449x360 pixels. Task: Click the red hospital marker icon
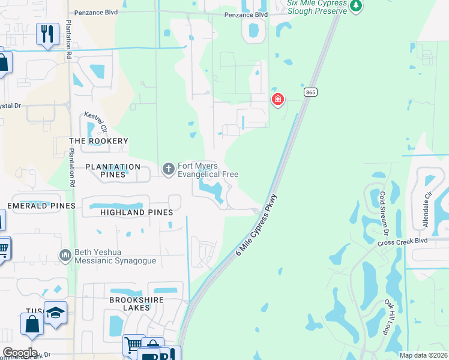point(277,99)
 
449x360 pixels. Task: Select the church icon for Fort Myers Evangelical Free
point(168,170)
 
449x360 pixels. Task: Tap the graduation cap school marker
point(55,313)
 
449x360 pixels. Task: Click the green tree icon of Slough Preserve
point(357,5)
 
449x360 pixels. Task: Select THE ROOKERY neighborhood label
point(98,141)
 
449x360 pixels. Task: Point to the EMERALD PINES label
point(41,206)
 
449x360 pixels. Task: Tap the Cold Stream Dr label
point(384,214)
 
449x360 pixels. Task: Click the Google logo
point(20,353)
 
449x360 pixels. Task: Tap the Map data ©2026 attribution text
point(423,355)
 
